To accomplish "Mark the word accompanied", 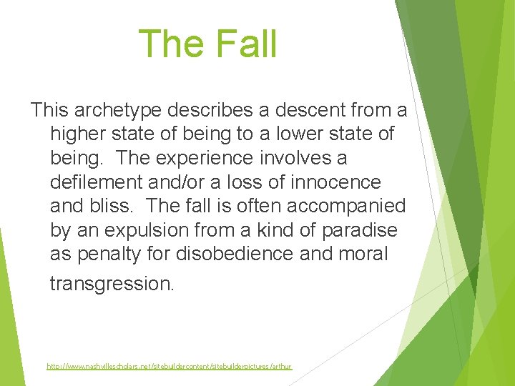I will (x=347, y=207).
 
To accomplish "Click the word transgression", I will (x=111, y=284).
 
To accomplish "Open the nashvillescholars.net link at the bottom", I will (x=170, y=366).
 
